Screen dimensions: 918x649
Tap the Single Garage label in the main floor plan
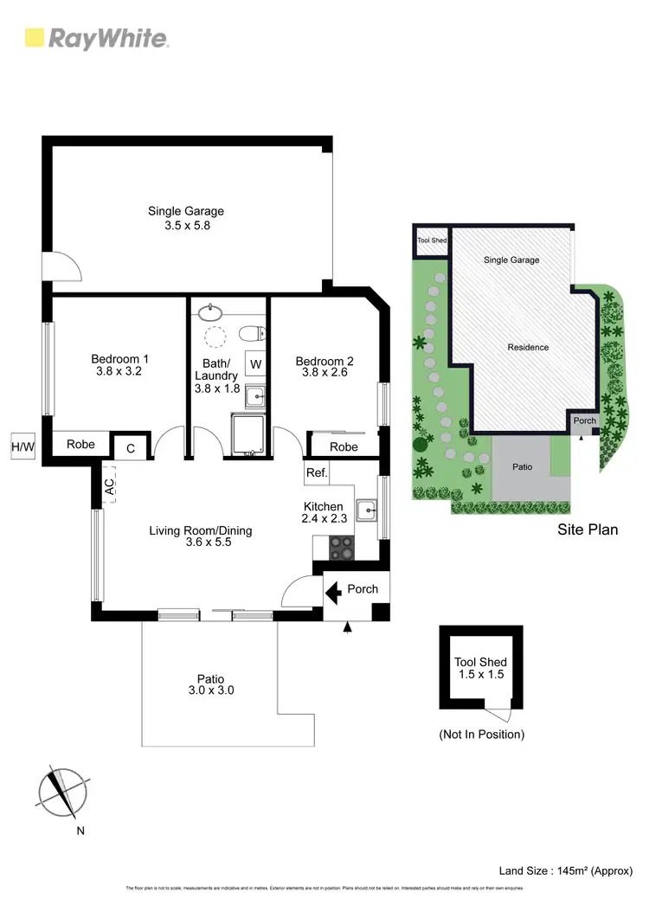[x=186, y=211]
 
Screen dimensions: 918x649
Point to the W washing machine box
[x=256, y=363]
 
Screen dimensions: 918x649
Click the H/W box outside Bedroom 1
[x=23, y=446]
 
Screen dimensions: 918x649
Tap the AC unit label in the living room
[x=110, y=486]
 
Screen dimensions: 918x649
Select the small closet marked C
[x=131, y=447]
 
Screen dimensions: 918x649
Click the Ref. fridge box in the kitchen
[x=316, y=473]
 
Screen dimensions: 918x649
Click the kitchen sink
[x=367, y=509]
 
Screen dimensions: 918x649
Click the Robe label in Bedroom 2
[x=344, y=447]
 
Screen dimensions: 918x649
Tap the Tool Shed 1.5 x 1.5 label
[x=480, y=668]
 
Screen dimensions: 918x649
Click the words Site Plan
[x=587, y=529]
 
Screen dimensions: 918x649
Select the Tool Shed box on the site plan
[x=432, y=241]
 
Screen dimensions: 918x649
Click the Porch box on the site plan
[x=584, y=421]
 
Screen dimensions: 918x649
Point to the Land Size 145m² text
[x=565, y=870]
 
